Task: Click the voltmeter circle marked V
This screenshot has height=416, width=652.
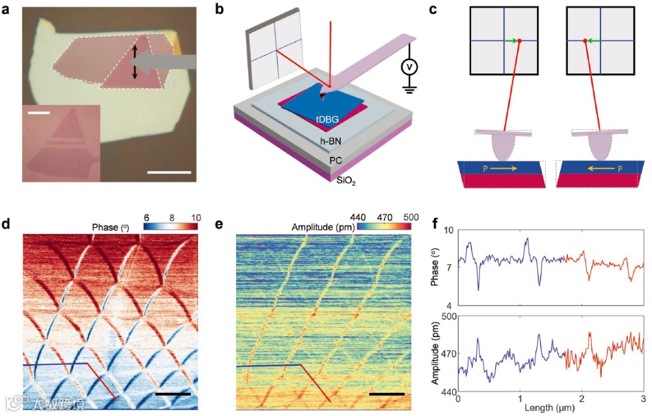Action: pyautogui.click(x=410, y=67)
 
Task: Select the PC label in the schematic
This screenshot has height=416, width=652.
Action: pyautogui.click(x=337, y=161)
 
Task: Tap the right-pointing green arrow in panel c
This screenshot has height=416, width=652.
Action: pyautogui.click(x=512, y=41)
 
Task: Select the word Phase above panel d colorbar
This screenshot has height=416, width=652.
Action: pyautogui.click(x=105, y=227)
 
